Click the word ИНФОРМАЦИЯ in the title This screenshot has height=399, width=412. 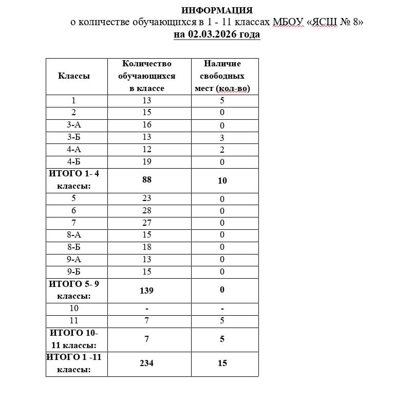click(217, 10)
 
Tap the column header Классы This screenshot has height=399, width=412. click(74, 76)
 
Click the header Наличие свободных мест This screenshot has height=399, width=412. click(222, 76)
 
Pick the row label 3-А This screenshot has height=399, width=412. click(74, 125)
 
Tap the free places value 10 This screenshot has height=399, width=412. click(222, 180)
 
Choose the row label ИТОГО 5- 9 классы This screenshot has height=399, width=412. click(74, 290)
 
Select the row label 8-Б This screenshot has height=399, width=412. click(74, 247)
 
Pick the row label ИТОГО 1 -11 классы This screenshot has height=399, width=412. click(74, 364)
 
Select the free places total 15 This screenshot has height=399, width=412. click(222, 364)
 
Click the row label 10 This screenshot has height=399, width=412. click(74, 309)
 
